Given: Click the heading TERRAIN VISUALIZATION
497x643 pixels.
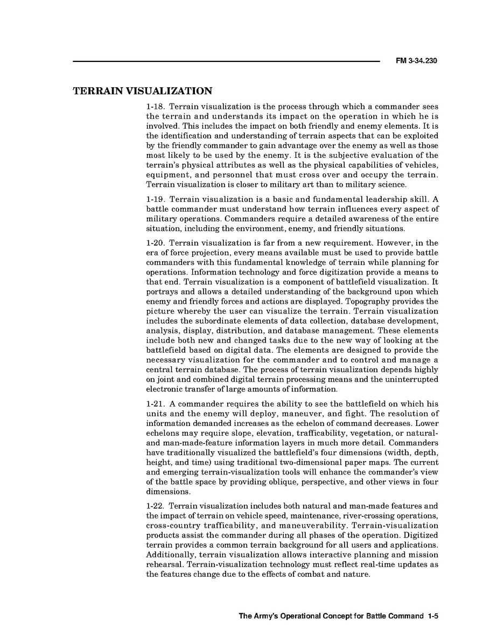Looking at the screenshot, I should pos(142,91).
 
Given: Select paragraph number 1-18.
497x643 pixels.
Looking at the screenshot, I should pos(156,107).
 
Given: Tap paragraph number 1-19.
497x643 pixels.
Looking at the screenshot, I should pos(156,199).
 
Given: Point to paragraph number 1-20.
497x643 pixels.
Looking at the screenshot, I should pos(156,243).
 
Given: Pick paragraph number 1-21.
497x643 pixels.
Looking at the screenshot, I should pos(156,404).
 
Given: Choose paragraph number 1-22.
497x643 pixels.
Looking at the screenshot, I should pos(156,506).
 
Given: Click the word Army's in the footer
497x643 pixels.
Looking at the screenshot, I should pos(267,617).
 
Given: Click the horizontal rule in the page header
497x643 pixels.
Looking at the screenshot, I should pos(226,61).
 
